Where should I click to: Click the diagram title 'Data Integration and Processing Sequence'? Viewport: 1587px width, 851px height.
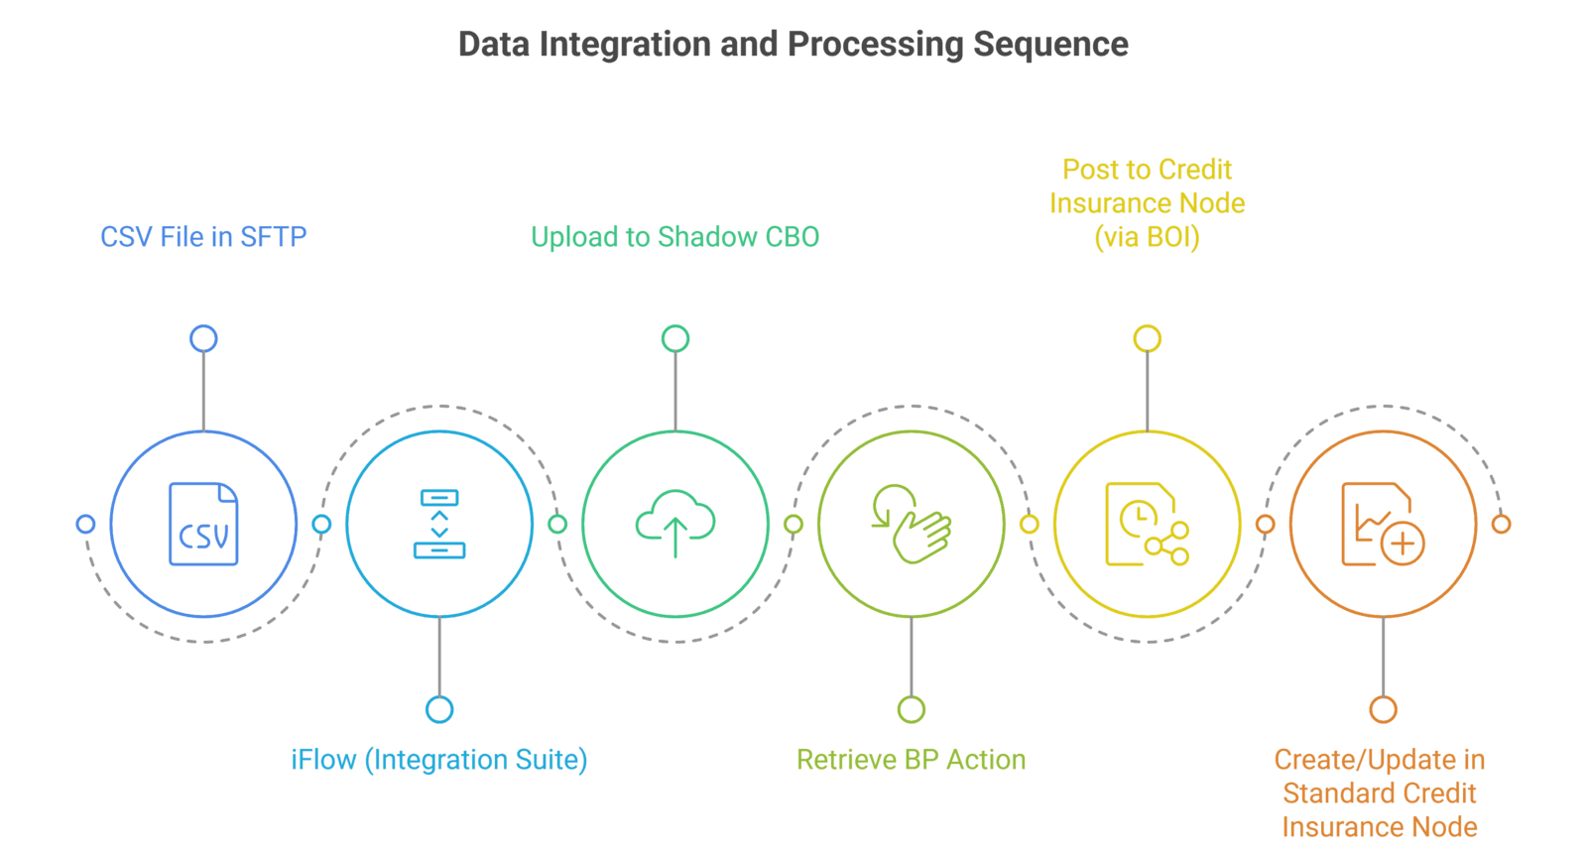[793, 45]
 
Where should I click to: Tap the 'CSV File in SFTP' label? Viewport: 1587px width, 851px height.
[203, 237]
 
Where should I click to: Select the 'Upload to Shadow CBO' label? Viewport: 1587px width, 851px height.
[674, 237]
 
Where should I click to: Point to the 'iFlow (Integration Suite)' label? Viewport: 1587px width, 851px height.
[438, 760]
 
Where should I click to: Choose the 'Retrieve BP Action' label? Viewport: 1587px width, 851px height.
[911, 760]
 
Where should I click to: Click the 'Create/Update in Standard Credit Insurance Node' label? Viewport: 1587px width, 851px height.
[1380, 793]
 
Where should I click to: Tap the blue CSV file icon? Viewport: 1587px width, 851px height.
[203, 525]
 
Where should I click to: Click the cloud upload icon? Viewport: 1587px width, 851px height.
[674, 523]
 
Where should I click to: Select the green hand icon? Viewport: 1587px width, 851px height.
[911, 524]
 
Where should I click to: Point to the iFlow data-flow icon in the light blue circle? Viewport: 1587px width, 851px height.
[438, 524]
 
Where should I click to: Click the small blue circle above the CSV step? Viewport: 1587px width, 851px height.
[203, 339]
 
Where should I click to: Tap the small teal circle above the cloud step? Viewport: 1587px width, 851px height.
[675, 339]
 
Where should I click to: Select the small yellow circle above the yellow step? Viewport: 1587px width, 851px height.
[1148, 339]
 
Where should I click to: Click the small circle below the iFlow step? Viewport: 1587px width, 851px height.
[439, 709]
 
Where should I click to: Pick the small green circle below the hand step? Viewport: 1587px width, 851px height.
[912, 709]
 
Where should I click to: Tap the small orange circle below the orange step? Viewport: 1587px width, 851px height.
[1384, 709]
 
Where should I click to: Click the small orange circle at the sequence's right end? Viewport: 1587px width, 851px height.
[1502, 524]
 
